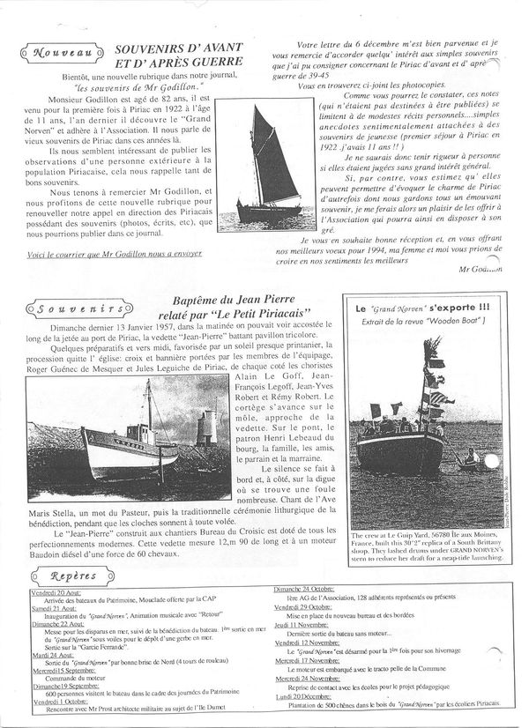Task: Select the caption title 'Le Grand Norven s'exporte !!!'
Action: (435, 309)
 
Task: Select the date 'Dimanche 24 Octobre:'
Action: (309, 587)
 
